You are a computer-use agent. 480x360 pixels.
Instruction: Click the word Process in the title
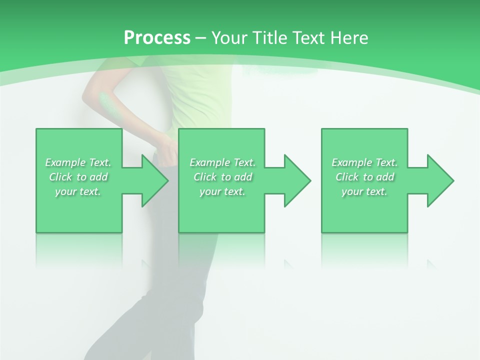157,38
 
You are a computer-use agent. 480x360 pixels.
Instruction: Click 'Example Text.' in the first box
78,162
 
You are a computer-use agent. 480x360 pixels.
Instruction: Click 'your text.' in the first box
78,191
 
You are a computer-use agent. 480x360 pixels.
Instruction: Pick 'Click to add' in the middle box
222,177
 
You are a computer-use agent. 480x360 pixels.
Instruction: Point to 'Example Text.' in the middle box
222,162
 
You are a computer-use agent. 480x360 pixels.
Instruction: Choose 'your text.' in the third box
364,191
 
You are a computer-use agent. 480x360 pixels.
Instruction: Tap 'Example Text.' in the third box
364,162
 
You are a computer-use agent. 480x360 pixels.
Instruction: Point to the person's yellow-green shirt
197,95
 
